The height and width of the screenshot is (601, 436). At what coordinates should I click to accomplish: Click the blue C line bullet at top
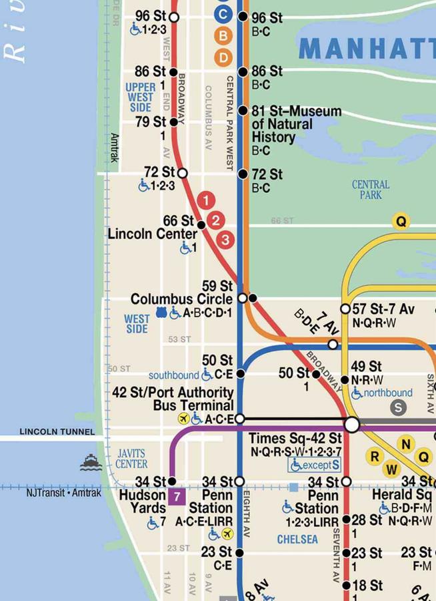coord(223,13)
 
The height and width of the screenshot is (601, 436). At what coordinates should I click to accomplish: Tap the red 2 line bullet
coord(216,220)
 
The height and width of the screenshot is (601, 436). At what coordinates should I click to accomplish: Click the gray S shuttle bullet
coord(399,407)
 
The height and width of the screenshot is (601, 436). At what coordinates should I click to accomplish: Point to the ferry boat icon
coord(91,462)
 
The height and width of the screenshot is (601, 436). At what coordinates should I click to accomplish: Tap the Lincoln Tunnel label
coord(57,432)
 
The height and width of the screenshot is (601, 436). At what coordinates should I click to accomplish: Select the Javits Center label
coord(131,459)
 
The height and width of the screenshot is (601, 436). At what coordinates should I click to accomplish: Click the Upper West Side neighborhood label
coord(140,97)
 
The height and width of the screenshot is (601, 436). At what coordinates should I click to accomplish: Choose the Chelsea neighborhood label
coord(297,539)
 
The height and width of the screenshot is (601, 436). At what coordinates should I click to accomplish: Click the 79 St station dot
coord(173,122)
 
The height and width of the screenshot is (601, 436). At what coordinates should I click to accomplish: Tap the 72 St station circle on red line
coord(182,173)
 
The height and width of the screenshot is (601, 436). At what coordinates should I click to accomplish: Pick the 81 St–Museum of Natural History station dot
coord(243,111)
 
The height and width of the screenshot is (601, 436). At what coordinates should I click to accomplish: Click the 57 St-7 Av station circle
coord(345,309)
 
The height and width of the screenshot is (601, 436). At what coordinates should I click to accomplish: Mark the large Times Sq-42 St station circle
coord(351,424)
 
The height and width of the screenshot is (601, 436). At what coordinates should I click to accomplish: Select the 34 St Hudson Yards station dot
coord(171,481)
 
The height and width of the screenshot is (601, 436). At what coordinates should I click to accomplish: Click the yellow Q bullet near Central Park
coord(401,221)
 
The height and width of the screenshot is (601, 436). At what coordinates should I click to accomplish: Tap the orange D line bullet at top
coord(223,57)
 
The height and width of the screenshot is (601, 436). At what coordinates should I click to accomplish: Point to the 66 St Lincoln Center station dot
coord(201,225)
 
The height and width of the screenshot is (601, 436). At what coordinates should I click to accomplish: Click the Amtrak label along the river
coord(114,148)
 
